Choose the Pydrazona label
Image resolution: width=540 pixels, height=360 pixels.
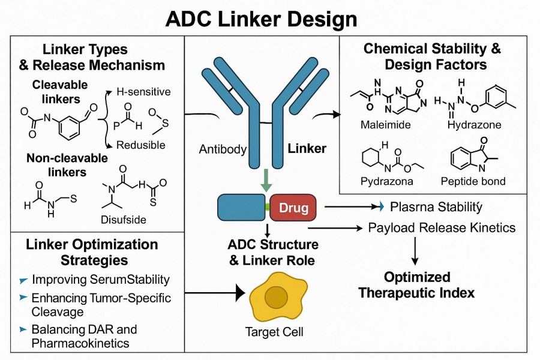tap(385, 181)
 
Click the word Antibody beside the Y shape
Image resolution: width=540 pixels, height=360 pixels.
tap(223, 149)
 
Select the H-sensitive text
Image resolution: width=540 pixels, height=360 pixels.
tap(144, 92)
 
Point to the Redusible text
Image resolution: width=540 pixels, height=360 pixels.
tap(141, 145)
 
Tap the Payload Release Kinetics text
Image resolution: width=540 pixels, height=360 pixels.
tap(442, 228)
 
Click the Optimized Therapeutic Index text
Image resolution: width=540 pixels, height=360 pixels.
tap(416, 285)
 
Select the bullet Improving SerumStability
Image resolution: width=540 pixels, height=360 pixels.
tap(100, 280)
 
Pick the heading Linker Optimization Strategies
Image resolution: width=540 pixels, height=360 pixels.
tap(92, 253)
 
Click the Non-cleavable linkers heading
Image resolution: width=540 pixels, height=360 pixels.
tap(67, 166)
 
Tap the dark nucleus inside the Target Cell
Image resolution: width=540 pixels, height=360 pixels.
tap(276, 297)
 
